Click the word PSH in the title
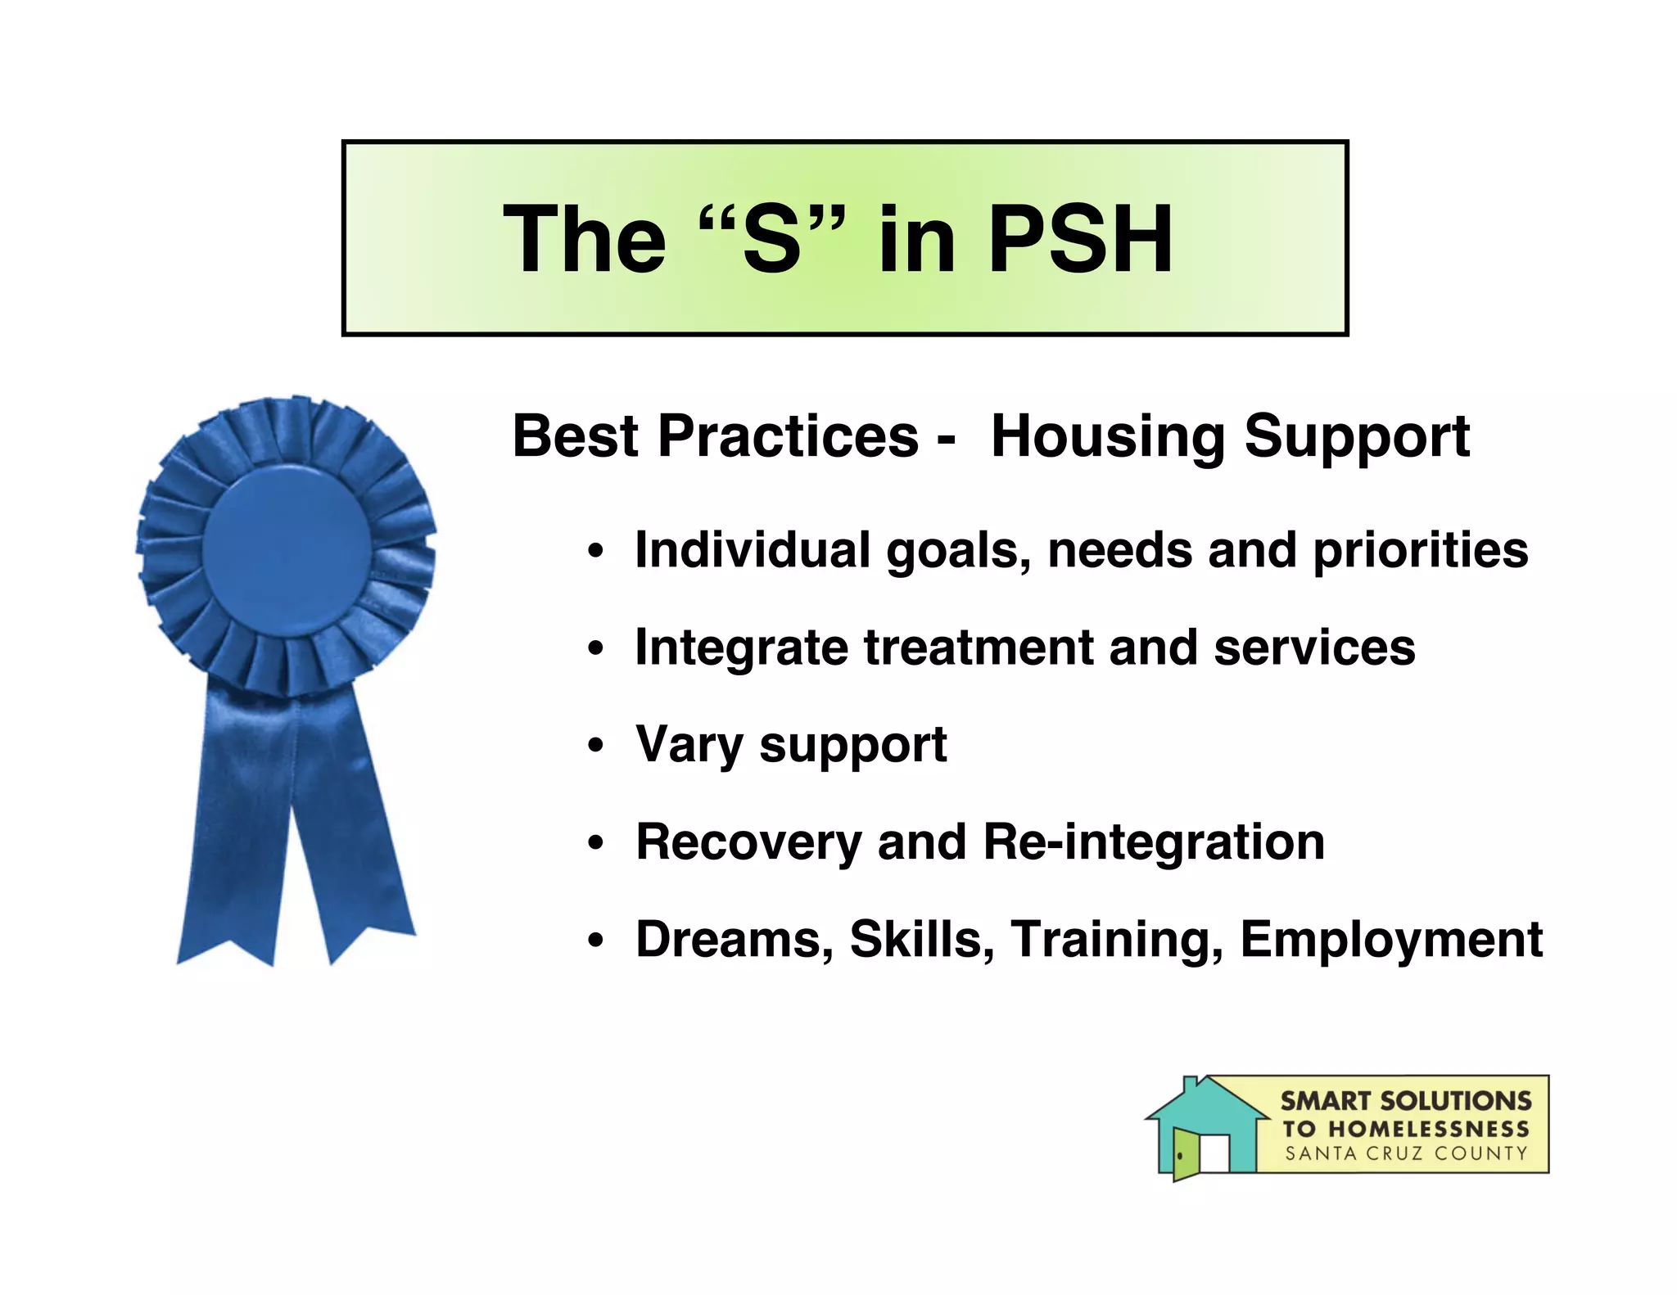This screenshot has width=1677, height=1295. pyautogui.click(x=1081, y=239)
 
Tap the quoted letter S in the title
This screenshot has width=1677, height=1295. pyautogui.click(x=771, y=239)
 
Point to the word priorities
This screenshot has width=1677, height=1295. pyautogui.click(x=1421, y=550)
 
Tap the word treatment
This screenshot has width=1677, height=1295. pyautogui.click(x=979, y=647)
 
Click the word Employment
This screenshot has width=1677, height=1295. pyautogui.click(x=1390, y=940)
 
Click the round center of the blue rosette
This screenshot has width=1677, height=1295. pyautogui.click(x=286, y=548)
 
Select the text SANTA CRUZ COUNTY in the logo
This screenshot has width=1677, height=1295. pyautogui.click(x=1405, y=1153)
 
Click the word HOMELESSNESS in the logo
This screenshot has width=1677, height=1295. pyautogui.click(x=1428, y=1129)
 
